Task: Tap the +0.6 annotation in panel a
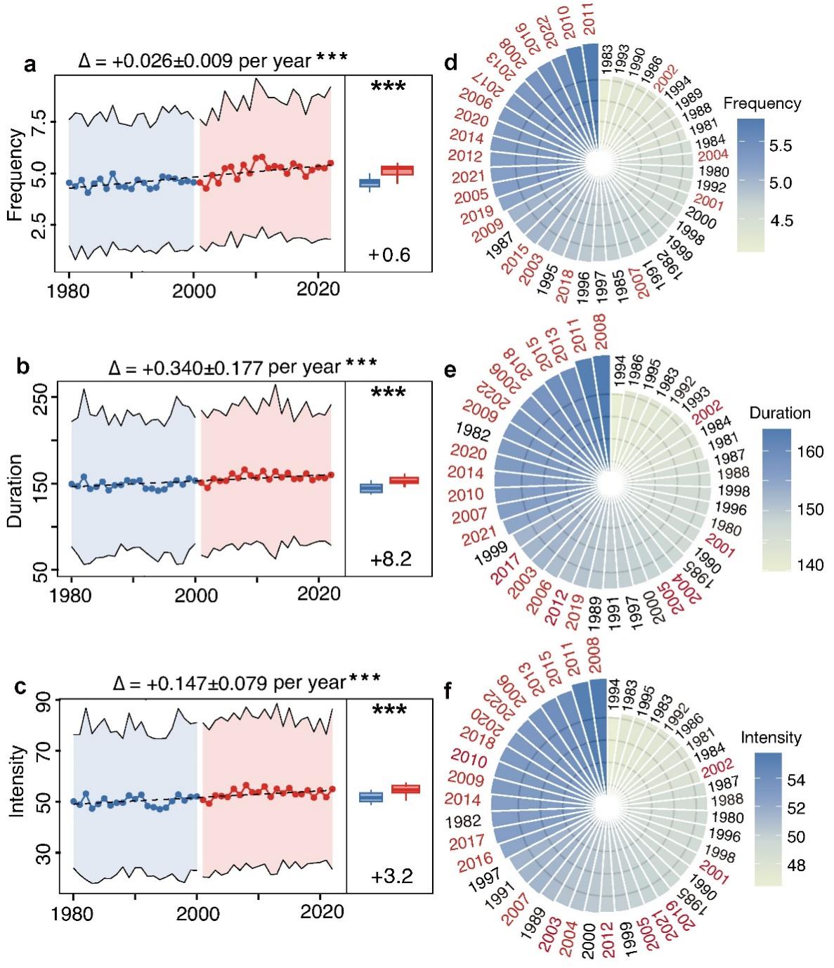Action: [389, 254]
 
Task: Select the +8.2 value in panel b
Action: [391, 559]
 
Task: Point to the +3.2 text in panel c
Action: [392, 876]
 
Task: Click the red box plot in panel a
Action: [398, 170]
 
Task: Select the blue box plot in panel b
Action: [371, 488]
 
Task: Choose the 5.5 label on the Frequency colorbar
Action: [780, 146]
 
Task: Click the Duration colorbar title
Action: [780, 413]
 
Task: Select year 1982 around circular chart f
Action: [468, 821]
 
